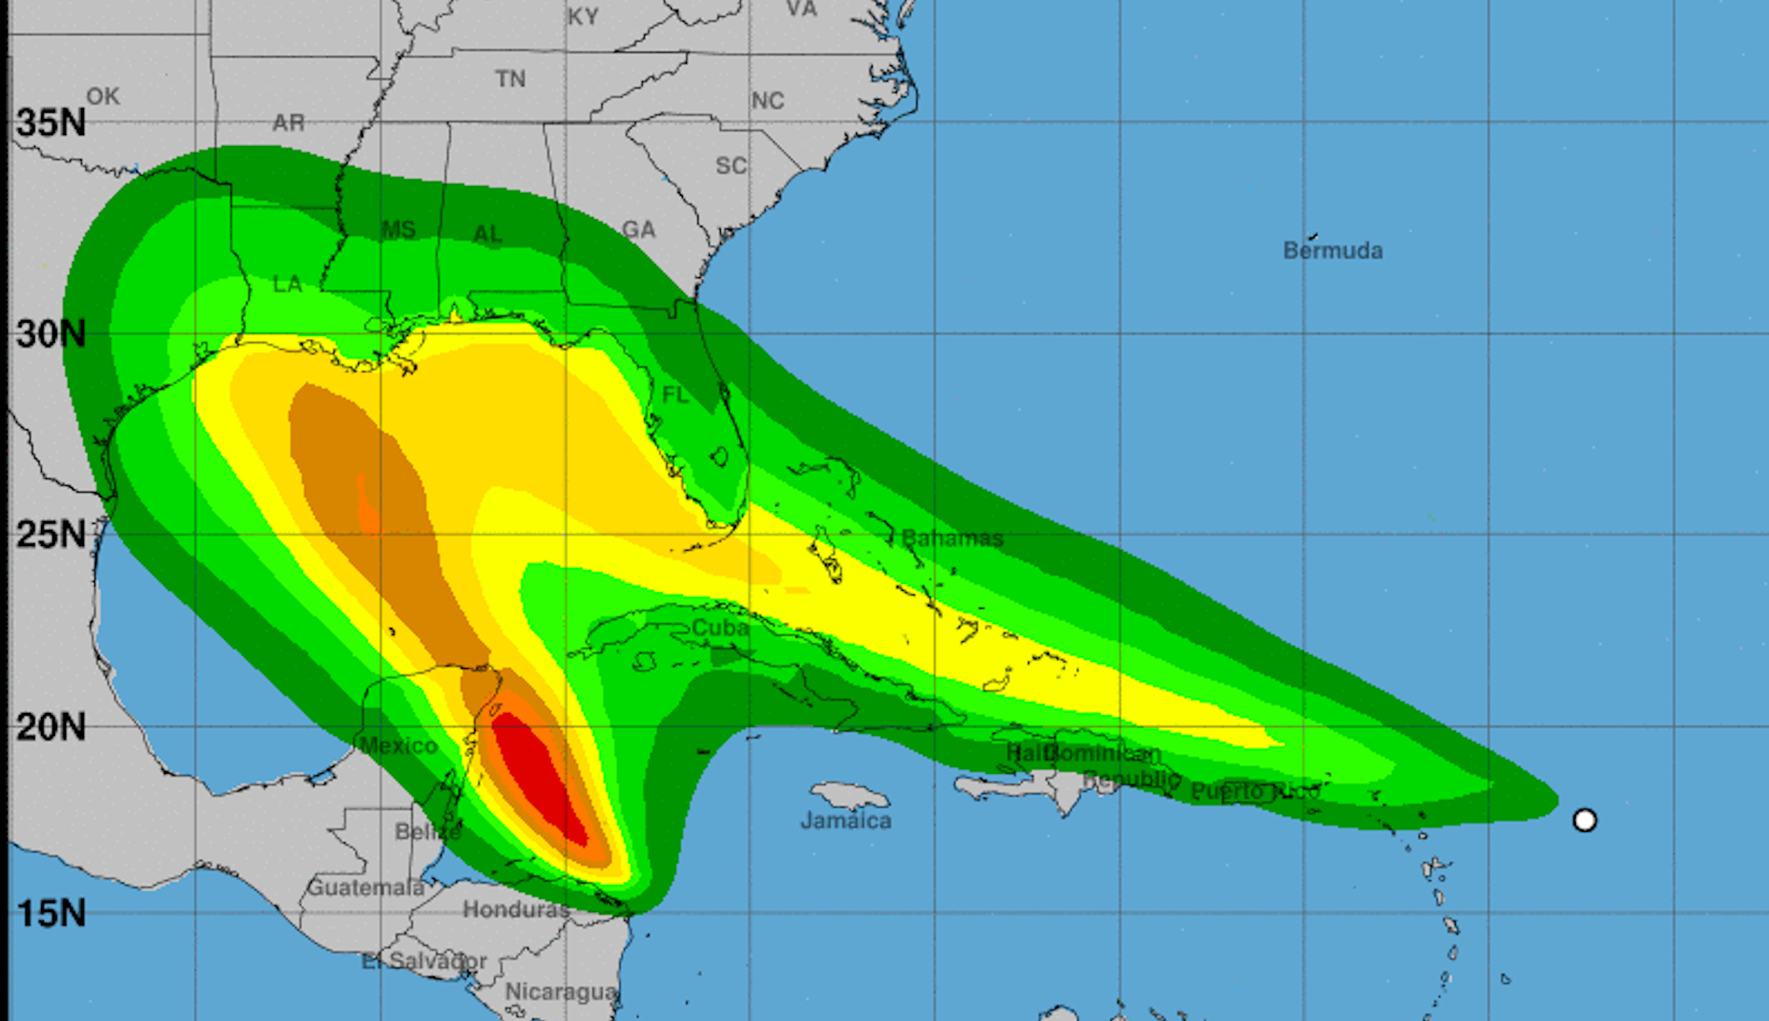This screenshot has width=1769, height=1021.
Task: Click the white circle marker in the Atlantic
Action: point(1584,819)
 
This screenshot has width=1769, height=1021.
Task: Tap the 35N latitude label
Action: point(51,123)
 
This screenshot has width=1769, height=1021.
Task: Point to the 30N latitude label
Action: point(51,334)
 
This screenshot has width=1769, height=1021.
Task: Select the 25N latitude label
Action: point(51,534)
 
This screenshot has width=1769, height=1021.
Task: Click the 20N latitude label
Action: point(51,728)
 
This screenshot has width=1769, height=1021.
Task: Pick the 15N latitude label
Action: point(51,914)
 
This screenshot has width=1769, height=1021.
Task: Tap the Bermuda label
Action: point(1333,250)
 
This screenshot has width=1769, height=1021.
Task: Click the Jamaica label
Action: point(846,820)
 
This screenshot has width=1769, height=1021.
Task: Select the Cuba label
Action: point(720,627)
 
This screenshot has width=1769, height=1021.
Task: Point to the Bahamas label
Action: point(952,538)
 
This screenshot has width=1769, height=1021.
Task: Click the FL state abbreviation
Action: point(675,395)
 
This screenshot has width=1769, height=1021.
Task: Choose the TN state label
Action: point(511,79)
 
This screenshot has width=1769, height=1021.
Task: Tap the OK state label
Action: point(103,97)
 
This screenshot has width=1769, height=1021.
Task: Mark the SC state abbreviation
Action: point(731,165)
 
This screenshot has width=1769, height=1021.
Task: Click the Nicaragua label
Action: point(561,991)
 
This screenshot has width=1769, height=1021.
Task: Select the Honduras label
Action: point(516,910)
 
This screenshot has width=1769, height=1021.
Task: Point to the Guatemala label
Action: point(365,887)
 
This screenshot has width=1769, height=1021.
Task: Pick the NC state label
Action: point(767,100)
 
